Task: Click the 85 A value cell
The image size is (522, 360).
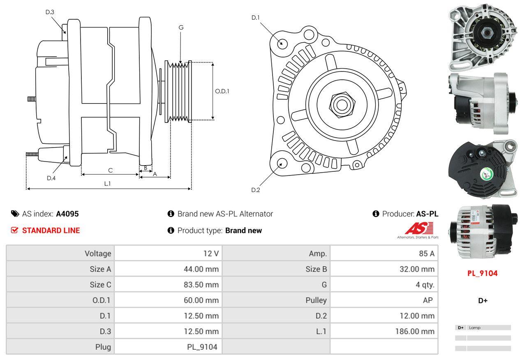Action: click(x=426, y=254)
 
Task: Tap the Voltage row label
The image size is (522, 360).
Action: click(x=98, y=254)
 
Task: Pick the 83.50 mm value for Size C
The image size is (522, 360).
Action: click(x=201, y=285)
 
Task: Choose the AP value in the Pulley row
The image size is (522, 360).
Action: click(x=427, y=300)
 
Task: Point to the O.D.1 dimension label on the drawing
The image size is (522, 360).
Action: click(x=222, y=91)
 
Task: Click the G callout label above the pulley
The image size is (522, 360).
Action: click(x=181, y=28)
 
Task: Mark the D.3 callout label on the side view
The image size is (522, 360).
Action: click(x=50, y=12)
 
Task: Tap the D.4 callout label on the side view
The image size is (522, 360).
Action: click(x=51, y=178)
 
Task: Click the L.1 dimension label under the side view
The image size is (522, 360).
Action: click(x=107, y=184)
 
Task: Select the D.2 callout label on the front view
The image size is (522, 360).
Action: click(x=256, y=190)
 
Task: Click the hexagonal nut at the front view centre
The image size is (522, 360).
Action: click(x=340, y=104)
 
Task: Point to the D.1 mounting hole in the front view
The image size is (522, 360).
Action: click(x=282, y=43)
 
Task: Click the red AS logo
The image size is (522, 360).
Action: click(x=419, y=228)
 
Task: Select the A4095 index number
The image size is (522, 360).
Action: click(x=67, y=214)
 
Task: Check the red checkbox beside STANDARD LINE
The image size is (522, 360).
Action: click(x=14, y=231)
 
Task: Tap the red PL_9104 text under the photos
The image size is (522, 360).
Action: click(x=482, y=273)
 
